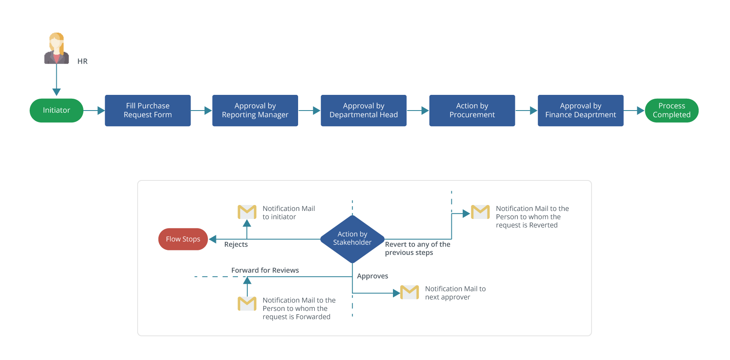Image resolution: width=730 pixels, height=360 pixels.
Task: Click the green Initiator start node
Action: coord(56,111)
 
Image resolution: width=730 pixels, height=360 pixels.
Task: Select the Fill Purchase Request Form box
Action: coord(147,111)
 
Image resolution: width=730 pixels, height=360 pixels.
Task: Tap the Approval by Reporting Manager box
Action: coord(255,111)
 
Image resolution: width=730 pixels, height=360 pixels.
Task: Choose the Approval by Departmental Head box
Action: coord(363,111)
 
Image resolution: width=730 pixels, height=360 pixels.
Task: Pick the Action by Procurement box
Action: coord(472,111)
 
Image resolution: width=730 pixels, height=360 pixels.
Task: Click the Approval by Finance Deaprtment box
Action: coord(580,111)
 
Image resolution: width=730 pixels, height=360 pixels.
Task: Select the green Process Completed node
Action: coord(671,111)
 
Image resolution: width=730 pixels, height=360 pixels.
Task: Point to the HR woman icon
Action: coord(56,48)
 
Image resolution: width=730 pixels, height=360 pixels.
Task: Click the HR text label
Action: coord(83,61)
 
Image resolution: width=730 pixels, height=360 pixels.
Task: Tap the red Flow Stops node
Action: coord(183,239)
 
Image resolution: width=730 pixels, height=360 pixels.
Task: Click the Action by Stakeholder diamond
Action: coord(352,239)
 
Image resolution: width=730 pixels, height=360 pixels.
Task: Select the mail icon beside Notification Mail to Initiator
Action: coord(247,212)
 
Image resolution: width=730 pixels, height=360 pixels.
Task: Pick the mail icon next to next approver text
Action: coord(409,292)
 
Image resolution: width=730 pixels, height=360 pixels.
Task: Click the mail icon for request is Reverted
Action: coord(480,212)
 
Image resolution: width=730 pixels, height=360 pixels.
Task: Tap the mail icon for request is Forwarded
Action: coord(247,304)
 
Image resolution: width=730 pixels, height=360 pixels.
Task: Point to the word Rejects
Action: coord(236,244)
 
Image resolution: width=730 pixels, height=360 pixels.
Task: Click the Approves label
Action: coord(372,276)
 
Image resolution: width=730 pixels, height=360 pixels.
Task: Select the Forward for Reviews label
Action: coord(265,270)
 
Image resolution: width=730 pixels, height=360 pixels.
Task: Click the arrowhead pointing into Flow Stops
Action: coord(213,239)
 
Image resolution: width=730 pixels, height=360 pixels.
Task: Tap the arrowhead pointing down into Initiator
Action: coord(56,92)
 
